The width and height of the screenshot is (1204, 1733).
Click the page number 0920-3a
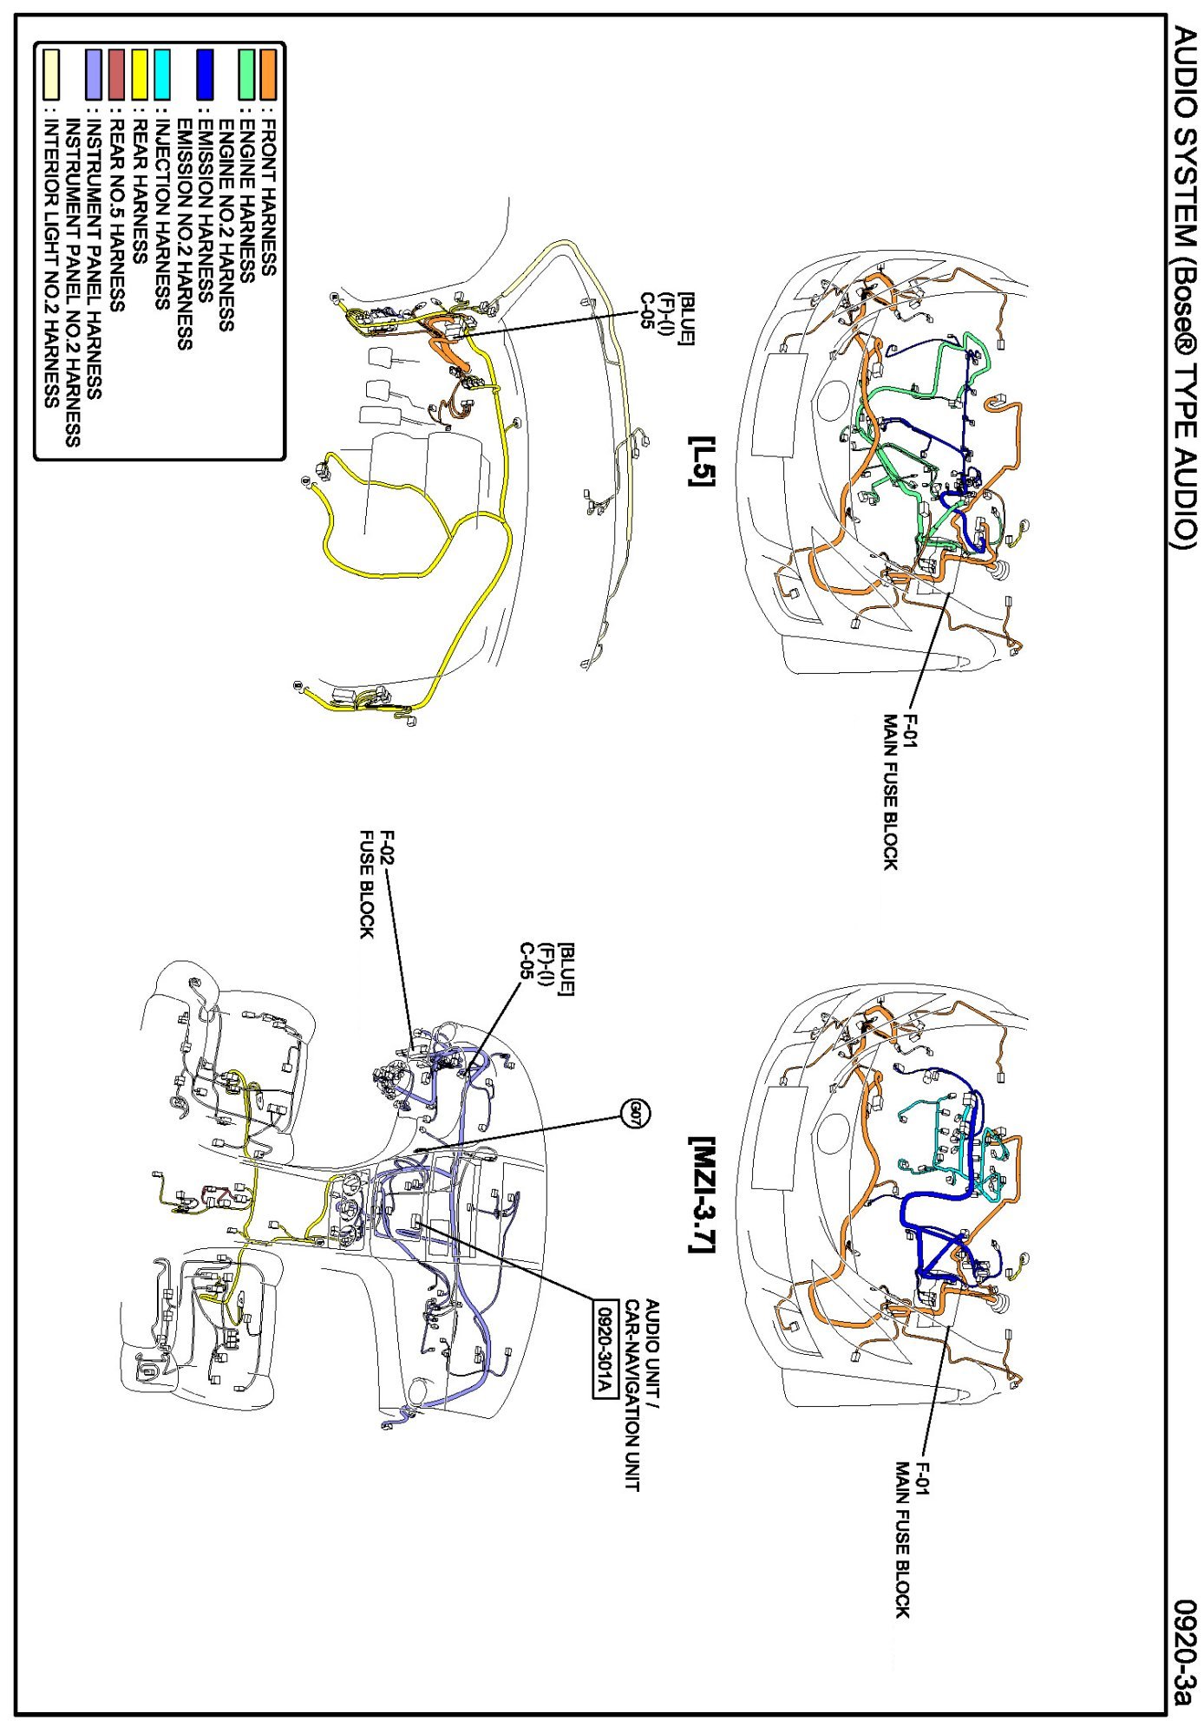(1185, 1652)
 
